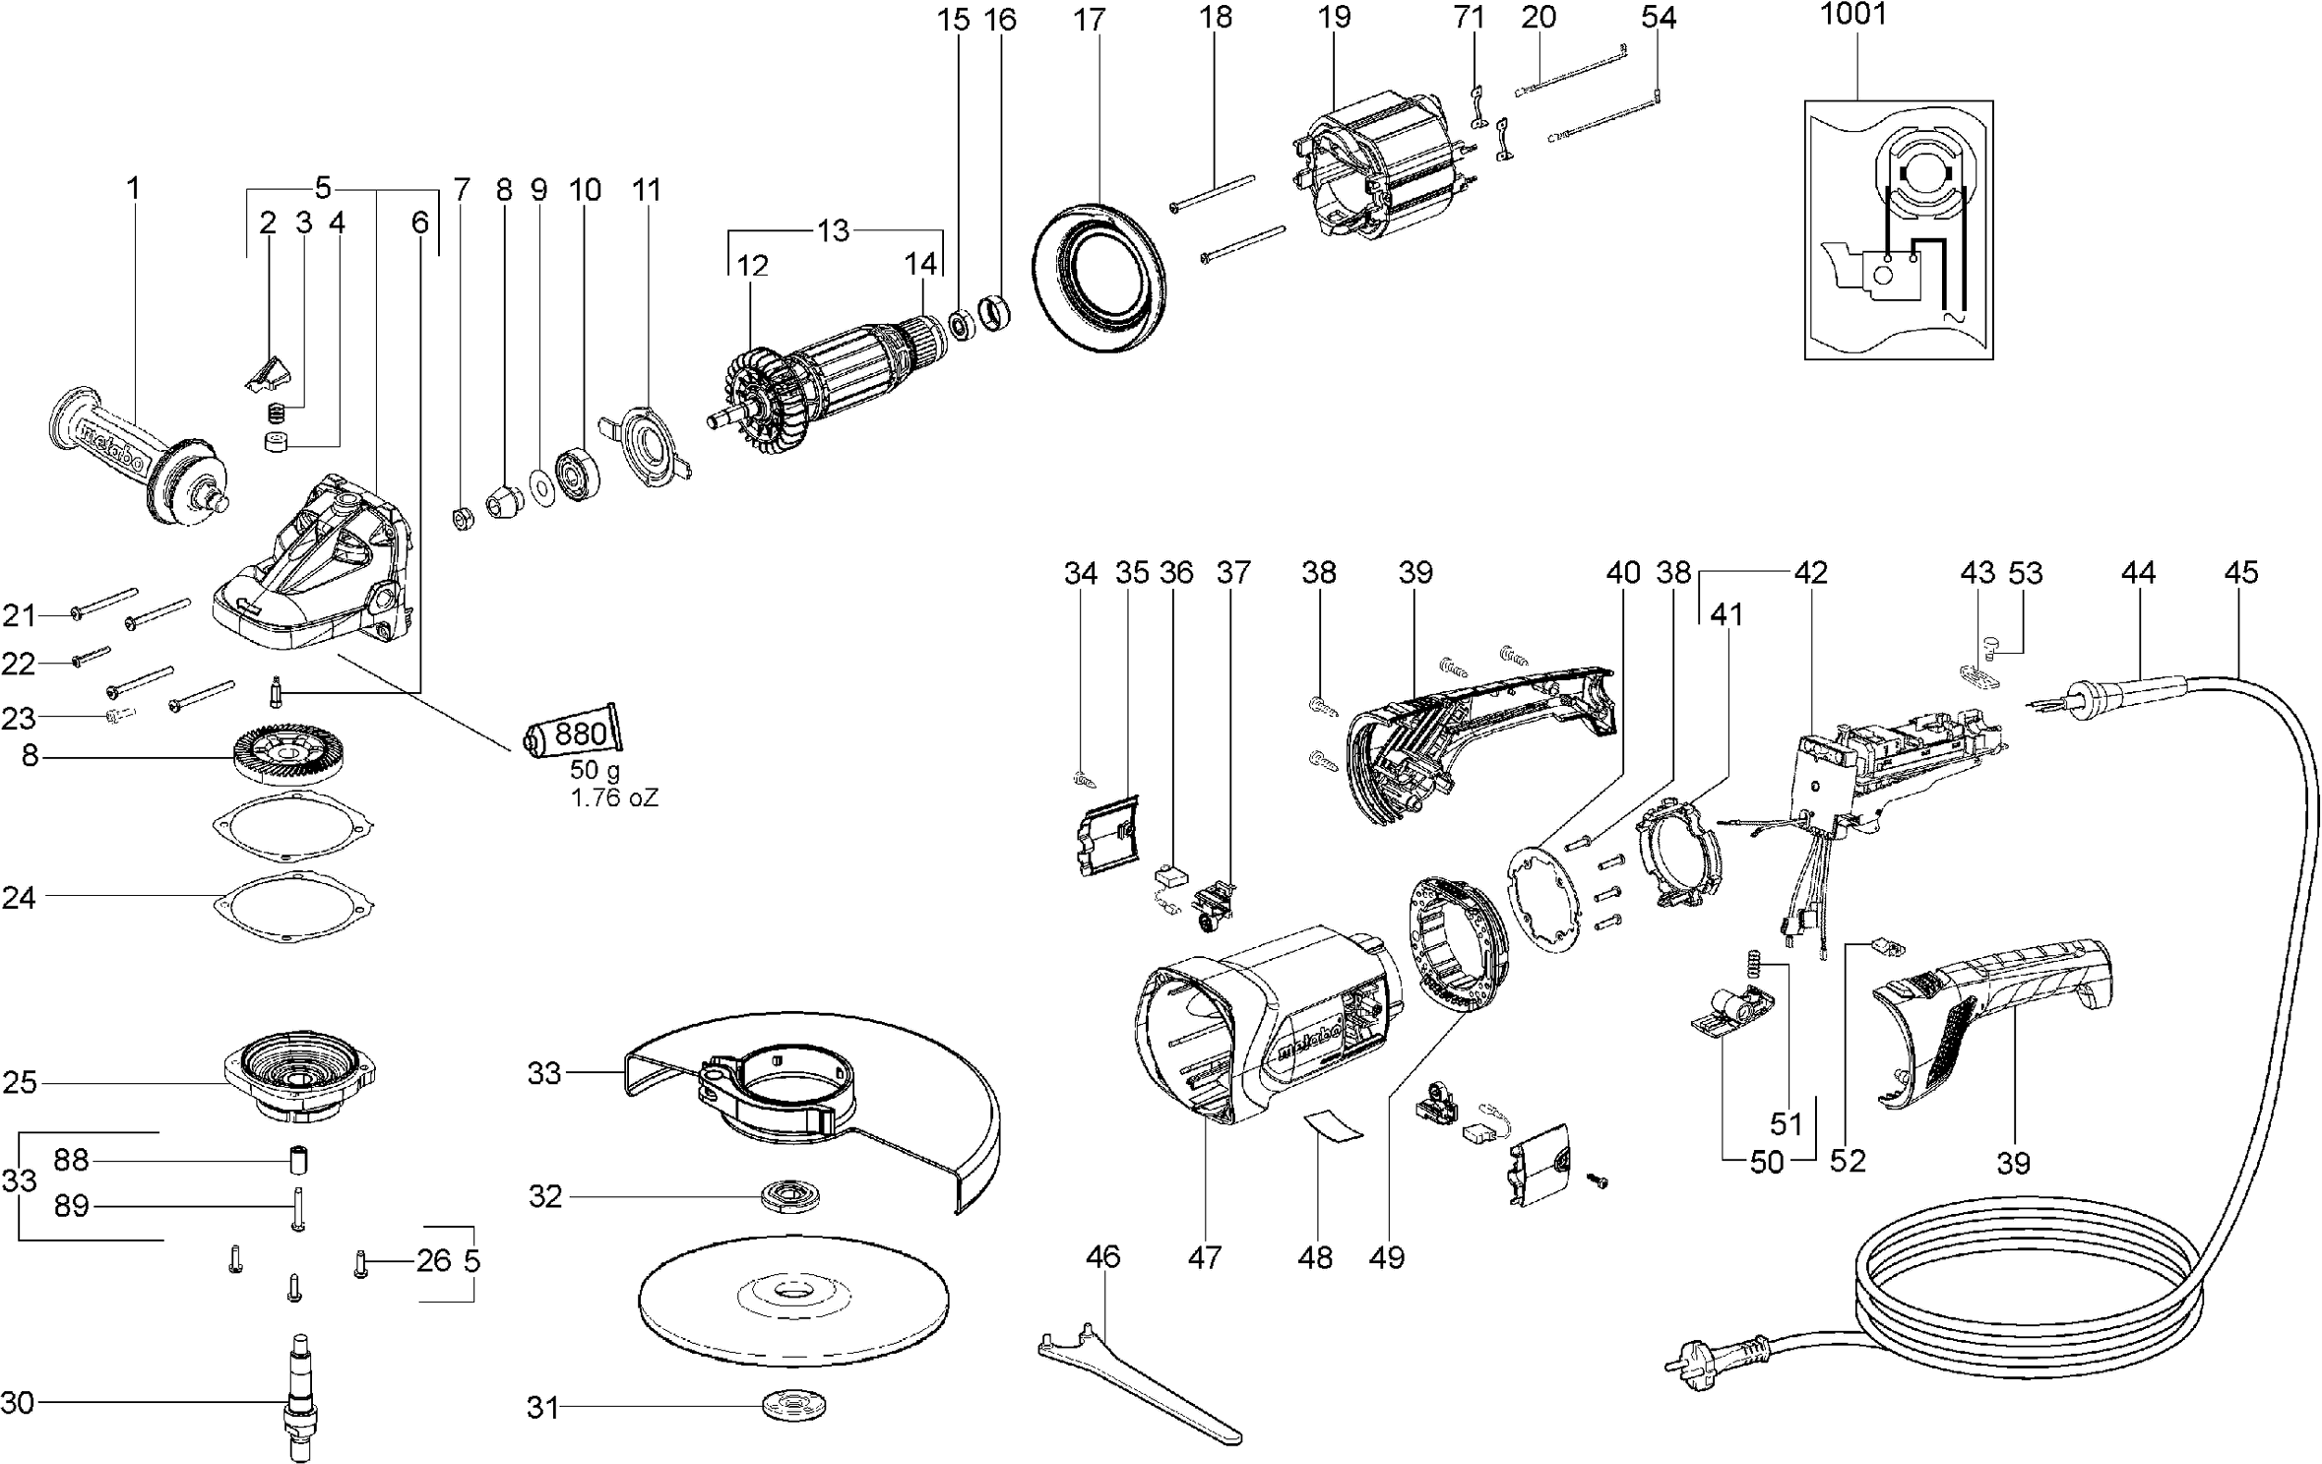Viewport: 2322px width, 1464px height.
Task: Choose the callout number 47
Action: pos(1205,1257)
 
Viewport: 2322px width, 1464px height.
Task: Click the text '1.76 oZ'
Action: pos(614,798)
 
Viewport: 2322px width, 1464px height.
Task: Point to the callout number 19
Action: pos(1335,19)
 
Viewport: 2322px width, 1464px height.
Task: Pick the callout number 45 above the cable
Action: pos(2240,573)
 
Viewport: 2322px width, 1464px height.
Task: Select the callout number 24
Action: pos(19,898)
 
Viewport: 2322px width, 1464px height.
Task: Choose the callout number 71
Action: pos(1469,19)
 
